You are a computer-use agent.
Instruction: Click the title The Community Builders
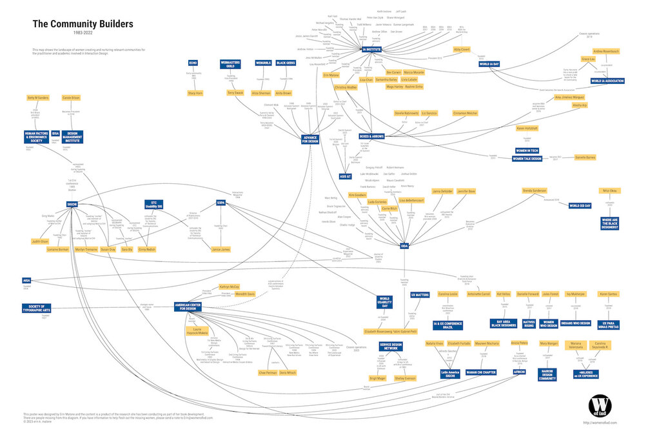(83, 24)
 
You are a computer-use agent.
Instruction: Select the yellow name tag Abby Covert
(462, 48)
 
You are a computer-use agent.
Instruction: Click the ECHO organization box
(193, 63)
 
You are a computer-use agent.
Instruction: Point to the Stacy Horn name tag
(195, 93)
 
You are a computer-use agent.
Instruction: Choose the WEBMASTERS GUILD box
(230, 64)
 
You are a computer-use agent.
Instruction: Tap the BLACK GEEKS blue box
(286, 63)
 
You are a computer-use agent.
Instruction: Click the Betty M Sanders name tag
(38, 97)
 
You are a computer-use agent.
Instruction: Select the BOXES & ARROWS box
(371, 137)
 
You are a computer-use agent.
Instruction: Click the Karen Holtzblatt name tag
(527, 128)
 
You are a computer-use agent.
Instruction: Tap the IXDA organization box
(404, 246)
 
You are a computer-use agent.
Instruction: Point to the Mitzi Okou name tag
(609, 191)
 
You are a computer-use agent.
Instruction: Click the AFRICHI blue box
(520, 372)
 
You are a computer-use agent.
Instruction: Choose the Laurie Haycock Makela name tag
(197, 332)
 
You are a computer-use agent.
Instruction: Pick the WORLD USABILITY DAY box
(385, 301)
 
